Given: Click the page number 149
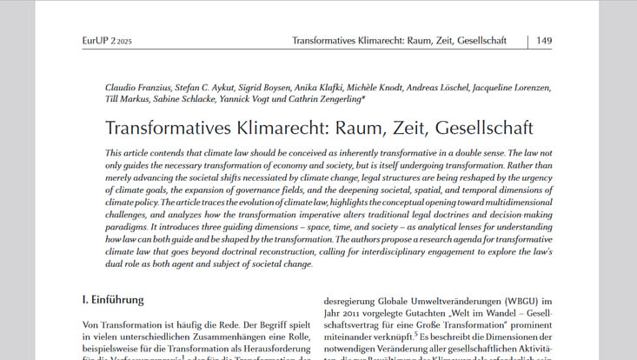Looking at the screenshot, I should (x=544, y=41).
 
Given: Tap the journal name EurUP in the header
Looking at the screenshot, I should (x=96, y=41).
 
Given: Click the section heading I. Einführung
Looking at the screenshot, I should (x=112, y=300).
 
